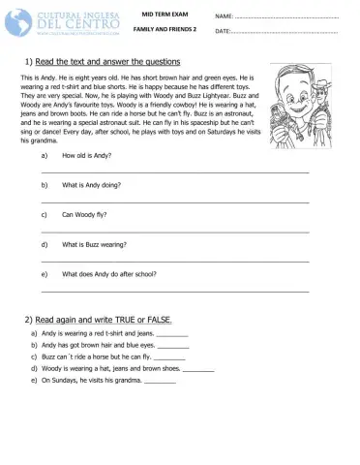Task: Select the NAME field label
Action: pyautogui.click(x=224, y=16)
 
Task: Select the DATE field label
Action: pyautogui.click(x=223, y=32)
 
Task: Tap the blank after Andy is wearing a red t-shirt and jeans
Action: pyautogui.click(x=172, y=335)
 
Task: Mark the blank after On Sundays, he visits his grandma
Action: pyautogui.click(x=160, y=383)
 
